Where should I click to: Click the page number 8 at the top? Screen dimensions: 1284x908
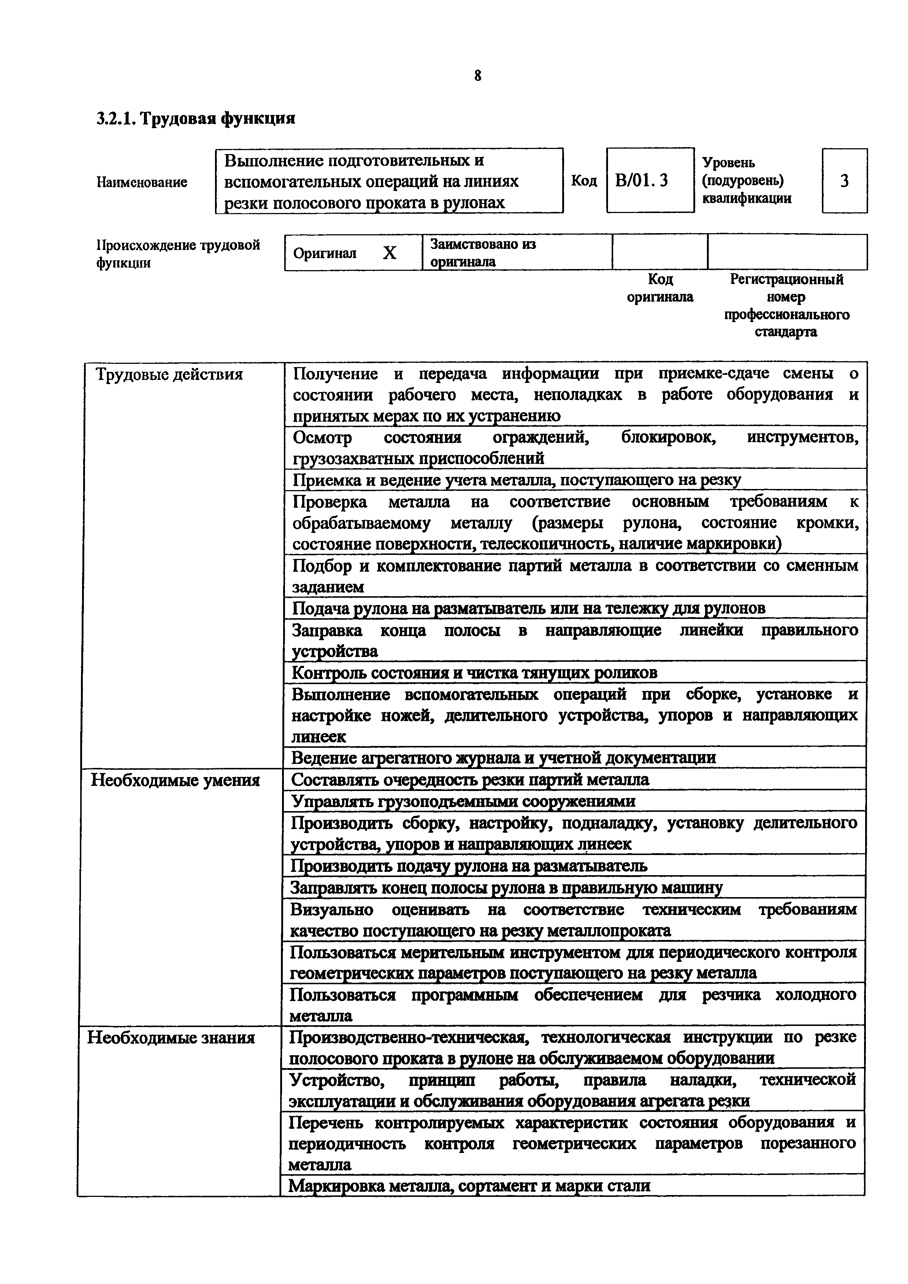pyautogui.click(x=477, y=75)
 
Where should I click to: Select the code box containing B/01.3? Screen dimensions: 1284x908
pyautogui.click(x=649, y=181)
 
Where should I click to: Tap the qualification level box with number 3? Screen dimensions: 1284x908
pyautogui.click(x=844, y=181)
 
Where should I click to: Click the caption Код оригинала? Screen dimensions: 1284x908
pyautogui.click(x=660, y=288)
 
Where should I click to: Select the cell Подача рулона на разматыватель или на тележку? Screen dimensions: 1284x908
pyautogui.click(x=528, y=608)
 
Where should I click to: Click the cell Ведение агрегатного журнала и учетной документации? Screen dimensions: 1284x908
pyautogui.click(x=504, y=758)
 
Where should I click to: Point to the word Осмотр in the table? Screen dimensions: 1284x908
pyautogui.click(x=322, y=437)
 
